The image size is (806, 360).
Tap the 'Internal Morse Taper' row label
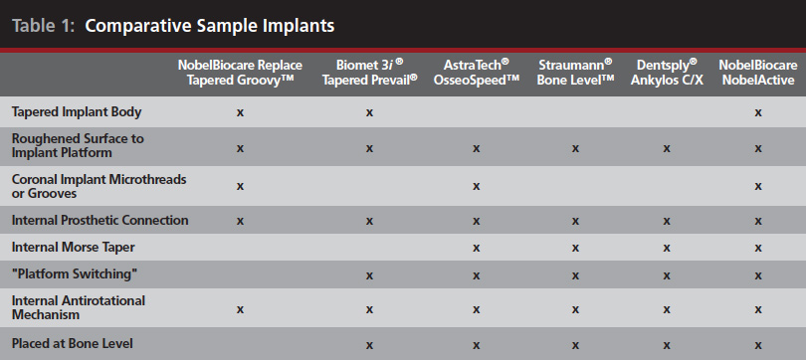[x=70, y=246]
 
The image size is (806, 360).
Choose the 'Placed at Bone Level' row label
[x=72, y=344]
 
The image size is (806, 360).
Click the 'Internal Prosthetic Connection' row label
[x=99, y=220]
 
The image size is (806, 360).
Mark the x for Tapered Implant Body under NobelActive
[x=758, y=112]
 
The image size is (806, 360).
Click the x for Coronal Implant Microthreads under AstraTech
[x=477, y=186]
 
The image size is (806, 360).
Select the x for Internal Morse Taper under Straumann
[x=574, y=246]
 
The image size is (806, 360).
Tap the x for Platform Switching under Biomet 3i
[x=369, y=274]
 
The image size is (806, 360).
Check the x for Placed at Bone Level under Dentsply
[x=666, y=344]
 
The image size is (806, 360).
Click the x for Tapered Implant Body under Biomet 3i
[x=369, y=112]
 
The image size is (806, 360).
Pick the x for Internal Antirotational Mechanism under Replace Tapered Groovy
[x=240, y=309]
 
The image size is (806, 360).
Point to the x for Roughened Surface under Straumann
[x=574, y=147]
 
